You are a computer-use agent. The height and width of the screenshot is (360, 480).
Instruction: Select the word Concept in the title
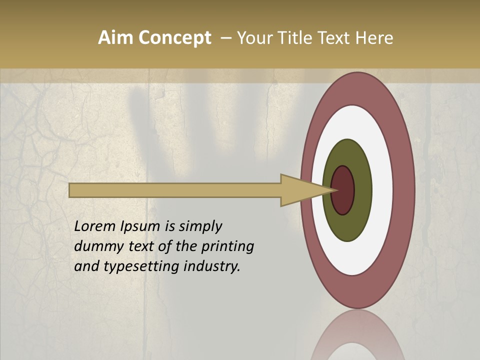tap(174, 38)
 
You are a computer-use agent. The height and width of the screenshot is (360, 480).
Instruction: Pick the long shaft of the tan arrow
tap(175, 190)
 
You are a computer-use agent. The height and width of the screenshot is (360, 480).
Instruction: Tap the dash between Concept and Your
tap(225, 38)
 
